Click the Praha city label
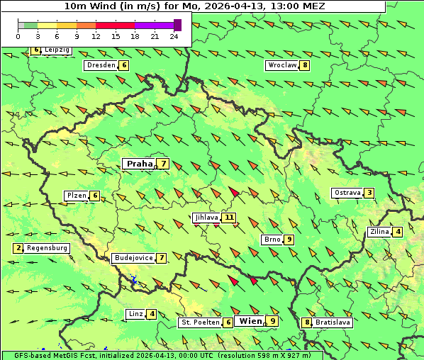click(139, 164)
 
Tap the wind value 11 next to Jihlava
click(228, 218)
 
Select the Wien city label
click(251, 321)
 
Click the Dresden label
click(100, 65)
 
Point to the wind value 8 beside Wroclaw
click(305, 65)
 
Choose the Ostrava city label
click(347, 193)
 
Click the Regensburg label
click(47, 248)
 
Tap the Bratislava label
click(333, 322)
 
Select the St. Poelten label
click(200, 322)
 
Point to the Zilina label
click(379, 232)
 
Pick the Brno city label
click(272, 240)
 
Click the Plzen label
click(75, 196)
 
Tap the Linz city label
click(135, 314)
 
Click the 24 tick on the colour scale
click(174, 36)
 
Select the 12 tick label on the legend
click(96, 36)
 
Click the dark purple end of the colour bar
click(177, 25)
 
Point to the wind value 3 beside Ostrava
click(369, 193)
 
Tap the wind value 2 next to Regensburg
click(18, 248)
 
